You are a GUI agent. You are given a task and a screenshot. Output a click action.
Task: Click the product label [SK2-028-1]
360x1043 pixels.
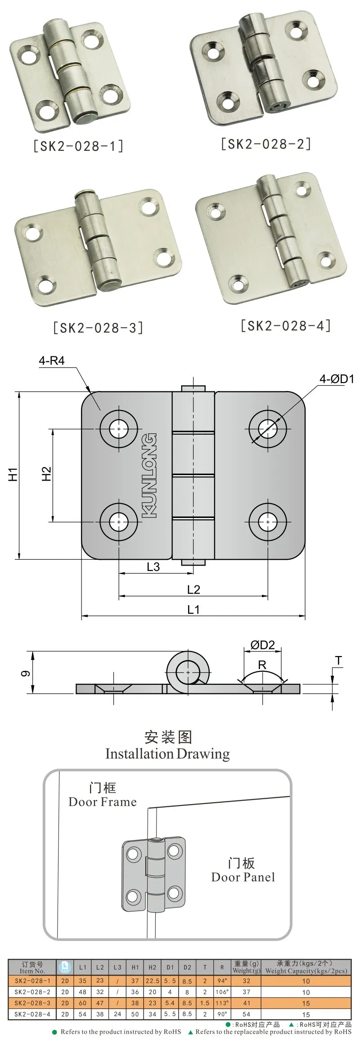coord(78,146)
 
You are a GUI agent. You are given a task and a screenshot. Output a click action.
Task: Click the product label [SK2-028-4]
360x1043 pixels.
coord(286,325)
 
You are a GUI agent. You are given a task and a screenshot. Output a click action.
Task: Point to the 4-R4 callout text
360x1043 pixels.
coord(51,361)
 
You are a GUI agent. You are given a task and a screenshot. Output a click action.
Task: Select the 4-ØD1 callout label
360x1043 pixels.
coord(336,379)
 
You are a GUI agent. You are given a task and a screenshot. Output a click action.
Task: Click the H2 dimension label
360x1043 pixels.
coord(46,474)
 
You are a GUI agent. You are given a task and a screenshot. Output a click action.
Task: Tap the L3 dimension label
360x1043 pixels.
coord(153,567)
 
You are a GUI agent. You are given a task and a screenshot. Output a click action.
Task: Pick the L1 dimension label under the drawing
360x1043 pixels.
coord(193,609)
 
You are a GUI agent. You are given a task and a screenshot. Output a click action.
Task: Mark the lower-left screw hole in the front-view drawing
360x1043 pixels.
coord(119,522)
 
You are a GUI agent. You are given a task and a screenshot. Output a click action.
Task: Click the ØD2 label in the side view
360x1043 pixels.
coord(262,645)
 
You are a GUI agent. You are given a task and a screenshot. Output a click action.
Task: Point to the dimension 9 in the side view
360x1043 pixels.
coord(26,674)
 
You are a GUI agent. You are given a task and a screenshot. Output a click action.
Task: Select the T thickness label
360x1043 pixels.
coord(338,661)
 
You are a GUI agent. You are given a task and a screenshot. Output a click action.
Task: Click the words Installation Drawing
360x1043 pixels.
coord(167,753)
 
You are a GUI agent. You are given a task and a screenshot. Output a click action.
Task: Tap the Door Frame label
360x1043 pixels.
coord(103,801)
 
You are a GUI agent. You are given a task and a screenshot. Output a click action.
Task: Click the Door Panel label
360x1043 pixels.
coord(243,877)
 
